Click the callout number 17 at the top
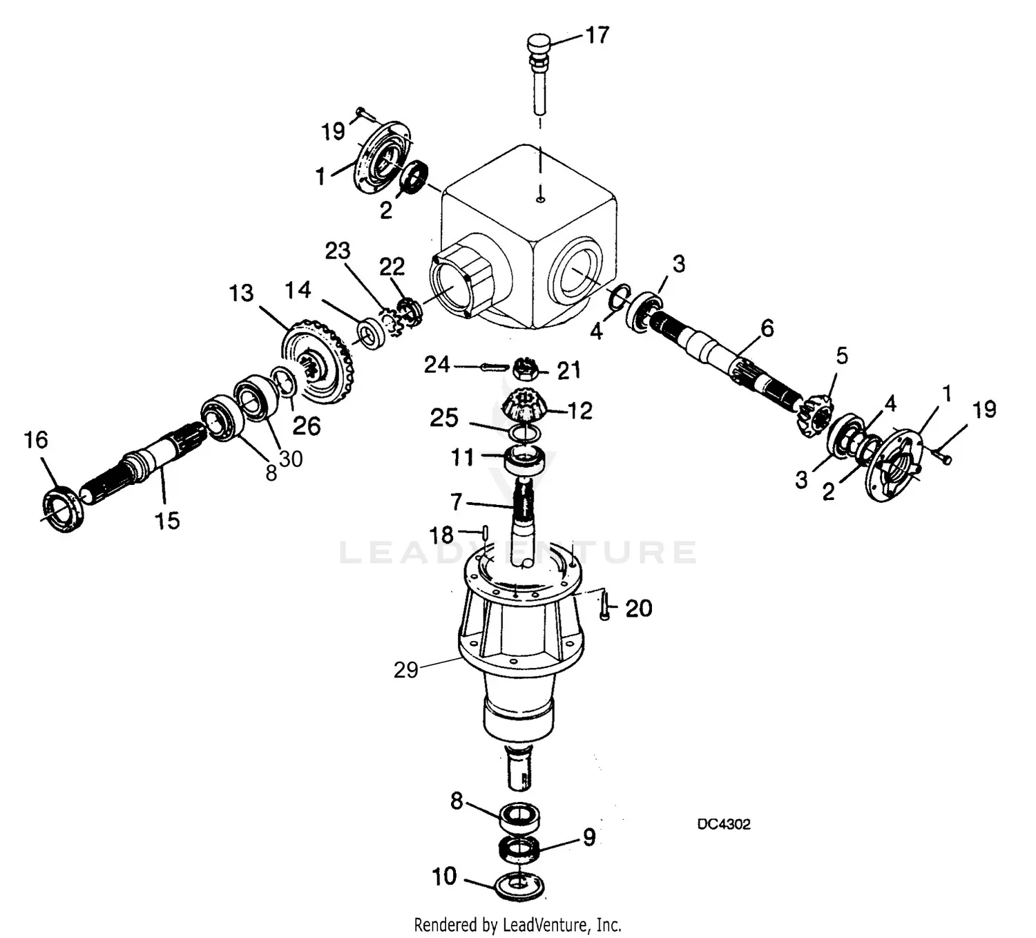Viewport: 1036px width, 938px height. [597, 35]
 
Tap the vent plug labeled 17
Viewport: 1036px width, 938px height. [539, 47]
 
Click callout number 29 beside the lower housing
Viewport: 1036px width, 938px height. [406, 669]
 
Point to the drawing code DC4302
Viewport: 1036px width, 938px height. [723, 824]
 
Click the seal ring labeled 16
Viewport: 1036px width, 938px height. [64, 510]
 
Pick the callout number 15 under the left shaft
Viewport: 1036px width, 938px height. [166, 519]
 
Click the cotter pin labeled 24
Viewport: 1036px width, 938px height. [494, 366]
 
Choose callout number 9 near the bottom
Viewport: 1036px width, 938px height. [588, 837]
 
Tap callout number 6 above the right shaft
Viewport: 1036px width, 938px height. [767, 328]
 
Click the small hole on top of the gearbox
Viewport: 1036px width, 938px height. [541, 200]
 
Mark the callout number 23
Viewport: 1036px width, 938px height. [338, 251]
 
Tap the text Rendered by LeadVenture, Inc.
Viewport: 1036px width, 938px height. [517, 924]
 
